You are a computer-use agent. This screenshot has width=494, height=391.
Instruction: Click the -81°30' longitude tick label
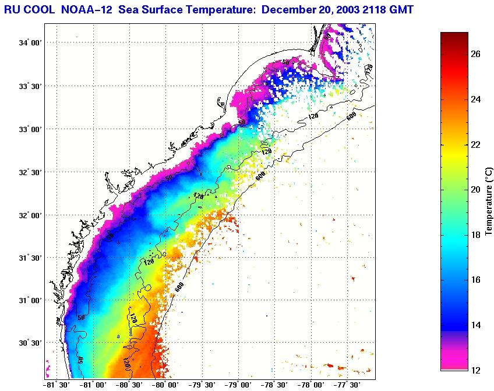tap(56, 385)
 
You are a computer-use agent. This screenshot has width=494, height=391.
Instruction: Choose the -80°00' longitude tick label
tap(165, 385)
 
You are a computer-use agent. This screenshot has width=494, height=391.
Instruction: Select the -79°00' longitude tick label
tap(238, 385)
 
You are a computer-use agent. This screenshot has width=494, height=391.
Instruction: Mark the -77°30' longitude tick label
tap(348, 385)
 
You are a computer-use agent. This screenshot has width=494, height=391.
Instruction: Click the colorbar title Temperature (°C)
tap(490, 201)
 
